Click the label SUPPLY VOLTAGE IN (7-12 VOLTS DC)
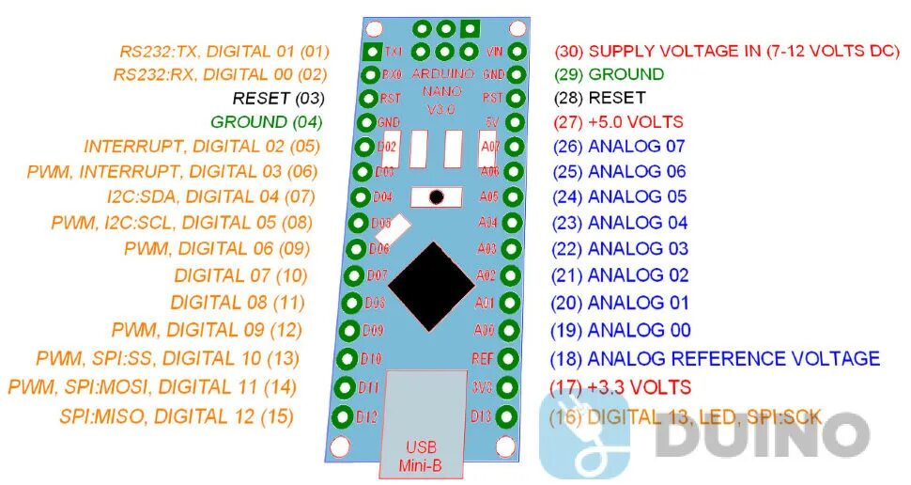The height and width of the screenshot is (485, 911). point(727,51)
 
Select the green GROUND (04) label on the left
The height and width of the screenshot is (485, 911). point(267,121)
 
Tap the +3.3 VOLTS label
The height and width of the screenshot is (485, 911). point(620,387)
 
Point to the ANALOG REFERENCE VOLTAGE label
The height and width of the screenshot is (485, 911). point(715,358)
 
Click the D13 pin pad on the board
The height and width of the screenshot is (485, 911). point(508,416)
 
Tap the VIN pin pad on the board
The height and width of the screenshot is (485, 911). point(517,51)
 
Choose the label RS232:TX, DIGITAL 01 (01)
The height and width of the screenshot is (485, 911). point(224,51)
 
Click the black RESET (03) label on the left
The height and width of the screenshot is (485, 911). point(278,98)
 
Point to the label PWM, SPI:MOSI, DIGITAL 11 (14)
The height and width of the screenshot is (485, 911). point(152,386)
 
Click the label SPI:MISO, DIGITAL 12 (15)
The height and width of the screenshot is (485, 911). point(177,416)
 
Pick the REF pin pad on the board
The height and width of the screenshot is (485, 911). point(510,358)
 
